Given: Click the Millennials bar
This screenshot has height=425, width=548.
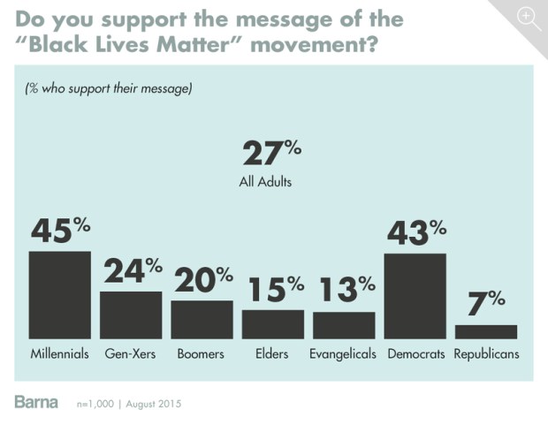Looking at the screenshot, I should [x=60, y=295].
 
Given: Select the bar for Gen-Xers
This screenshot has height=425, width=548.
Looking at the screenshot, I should [x=131, y=315].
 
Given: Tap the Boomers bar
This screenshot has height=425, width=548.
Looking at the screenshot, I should [x=202, y=320].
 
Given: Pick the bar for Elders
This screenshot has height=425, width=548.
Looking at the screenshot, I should [x=273, y=324].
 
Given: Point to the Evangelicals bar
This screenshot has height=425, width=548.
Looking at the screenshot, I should [x=344, y=325].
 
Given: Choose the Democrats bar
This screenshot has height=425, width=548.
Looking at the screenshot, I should [x=415, y=296].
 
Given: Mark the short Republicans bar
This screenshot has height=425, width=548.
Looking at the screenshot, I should [x=486, y=331].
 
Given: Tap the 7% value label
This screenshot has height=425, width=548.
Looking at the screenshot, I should [x=486, y=303].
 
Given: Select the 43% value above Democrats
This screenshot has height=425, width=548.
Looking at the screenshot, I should [x=415, y=232].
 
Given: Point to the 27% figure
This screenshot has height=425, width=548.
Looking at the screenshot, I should [x=272, y=152].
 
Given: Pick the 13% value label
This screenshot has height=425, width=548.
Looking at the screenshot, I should [x=344, y=290].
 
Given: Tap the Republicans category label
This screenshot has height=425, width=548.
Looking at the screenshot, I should [x=486, y=354].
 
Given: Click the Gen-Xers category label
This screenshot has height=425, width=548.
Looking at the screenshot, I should [x=131, y=354].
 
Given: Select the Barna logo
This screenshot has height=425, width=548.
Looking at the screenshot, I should [x=36, y=402].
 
